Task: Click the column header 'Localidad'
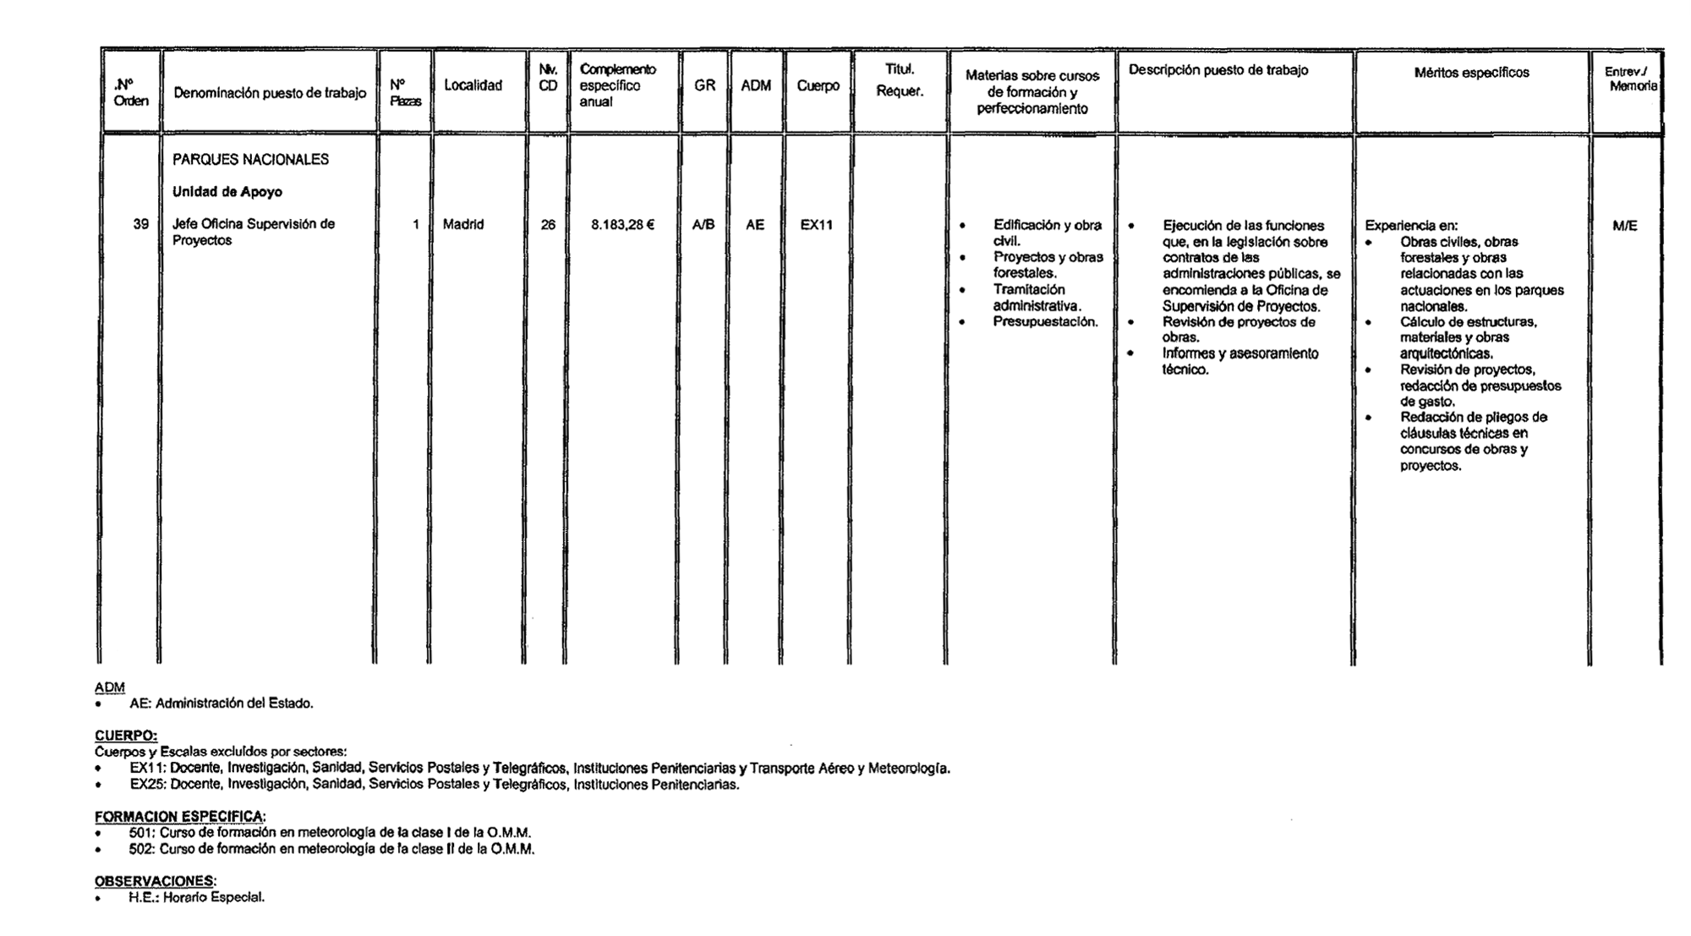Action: point(473,85)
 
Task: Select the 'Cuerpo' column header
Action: point(818,85)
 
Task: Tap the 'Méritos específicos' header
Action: point(1471,73)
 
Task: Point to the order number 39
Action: point(140,224)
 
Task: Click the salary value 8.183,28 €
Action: point(622,225)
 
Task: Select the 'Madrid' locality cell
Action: point(463,225)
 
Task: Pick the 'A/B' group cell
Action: point(703,225)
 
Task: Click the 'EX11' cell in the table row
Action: point(817,225)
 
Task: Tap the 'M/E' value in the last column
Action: point(1624,226)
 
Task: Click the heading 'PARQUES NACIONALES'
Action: point(250,159)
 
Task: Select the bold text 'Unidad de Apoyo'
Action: point(227,192)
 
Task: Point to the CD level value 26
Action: point(548,225)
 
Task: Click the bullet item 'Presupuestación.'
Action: point(1045,321)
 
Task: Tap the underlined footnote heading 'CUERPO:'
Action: point(126,736)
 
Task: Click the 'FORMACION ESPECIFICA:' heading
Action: point(180,816)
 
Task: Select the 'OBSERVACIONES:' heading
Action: point(156,881)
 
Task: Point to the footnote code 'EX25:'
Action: point(148,785)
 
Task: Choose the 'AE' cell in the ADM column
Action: point(754,225)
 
